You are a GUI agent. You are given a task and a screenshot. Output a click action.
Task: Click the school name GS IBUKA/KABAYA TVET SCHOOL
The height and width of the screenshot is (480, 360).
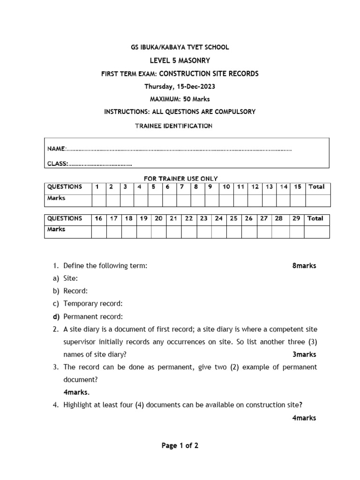[x=180, y=47]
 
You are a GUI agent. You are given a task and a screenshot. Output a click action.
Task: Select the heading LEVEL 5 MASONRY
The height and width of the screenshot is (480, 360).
[x=180, y=60]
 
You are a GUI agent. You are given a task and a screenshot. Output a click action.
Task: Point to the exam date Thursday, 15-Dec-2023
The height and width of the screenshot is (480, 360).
[x=180, y=87]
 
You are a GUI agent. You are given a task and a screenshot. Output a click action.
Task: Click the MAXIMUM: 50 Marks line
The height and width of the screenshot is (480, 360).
[x=180, y=99]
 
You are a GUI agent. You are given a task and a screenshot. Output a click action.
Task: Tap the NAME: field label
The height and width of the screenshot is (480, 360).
[x=57, y=149]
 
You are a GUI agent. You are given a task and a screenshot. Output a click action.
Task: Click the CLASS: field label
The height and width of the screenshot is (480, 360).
[x=58, y=164]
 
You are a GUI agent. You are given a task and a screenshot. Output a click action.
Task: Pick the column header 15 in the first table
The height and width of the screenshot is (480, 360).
[x=298, y=187]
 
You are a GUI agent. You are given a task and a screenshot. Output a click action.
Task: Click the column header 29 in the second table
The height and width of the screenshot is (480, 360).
[x=296, y=218]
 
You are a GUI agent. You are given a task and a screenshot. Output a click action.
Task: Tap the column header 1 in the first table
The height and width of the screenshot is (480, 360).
[x=97, y=187]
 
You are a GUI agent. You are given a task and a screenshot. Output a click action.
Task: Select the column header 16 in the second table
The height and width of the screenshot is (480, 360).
[x=98, y=218]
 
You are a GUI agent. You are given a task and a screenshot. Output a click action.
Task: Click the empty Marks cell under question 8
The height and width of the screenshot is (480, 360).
[x=197, y=200]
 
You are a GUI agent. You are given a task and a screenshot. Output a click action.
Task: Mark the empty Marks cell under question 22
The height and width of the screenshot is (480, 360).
[x=189, y=232]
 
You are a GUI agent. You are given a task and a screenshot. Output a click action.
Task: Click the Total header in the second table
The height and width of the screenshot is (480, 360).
[x=315, y=218]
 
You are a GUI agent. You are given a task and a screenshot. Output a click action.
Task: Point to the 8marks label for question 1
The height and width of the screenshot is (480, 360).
[x=304, y=266]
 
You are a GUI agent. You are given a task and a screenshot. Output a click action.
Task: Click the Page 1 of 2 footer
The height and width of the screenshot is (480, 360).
[x=180, y=446]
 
